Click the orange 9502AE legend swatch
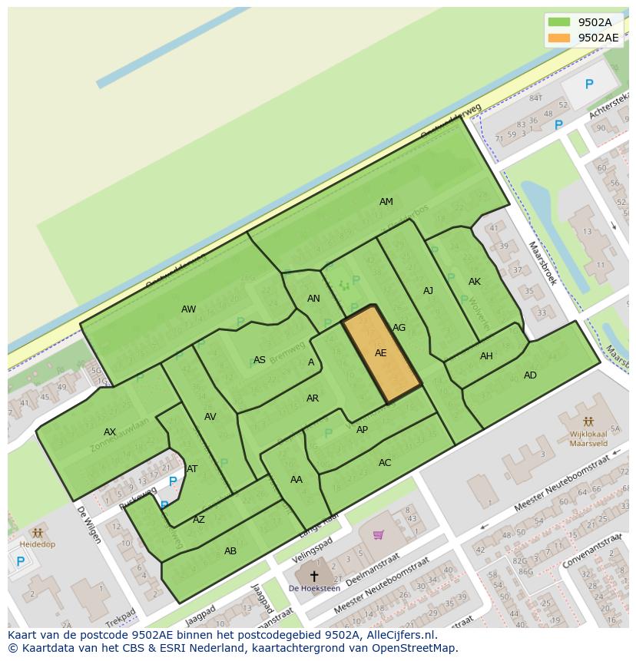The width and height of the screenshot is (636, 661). (559, 38)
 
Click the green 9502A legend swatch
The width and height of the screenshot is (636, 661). (559, 22)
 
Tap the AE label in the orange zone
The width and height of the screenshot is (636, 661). (381, 353)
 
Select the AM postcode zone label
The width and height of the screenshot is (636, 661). (386, 202)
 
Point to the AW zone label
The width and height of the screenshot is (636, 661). (188, 309)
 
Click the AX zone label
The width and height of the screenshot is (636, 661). (110, 432)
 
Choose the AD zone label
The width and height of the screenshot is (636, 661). (530, 375)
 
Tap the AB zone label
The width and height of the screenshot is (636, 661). (230, 551)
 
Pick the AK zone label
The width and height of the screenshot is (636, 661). (475, 282)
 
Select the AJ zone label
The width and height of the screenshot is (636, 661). (429, 291)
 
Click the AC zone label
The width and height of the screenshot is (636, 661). (385, 463)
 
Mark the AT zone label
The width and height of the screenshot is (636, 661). (192, 469)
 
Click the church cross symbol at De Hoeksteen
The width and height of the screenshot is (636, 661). (313, 575)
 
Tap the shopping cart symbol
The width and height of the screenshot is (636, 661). (378, 534)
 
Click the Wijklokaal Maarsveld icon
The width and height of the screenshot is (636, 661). (588, 421)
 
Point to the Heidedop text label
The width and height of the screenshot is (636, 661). (37, 544)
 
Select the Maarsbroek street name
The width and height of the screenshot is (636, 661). (542, 263)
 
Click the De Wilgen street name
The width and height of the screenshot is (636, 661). (88, 524)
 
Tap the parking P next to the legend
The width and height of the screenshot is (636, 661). (589, 84)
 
